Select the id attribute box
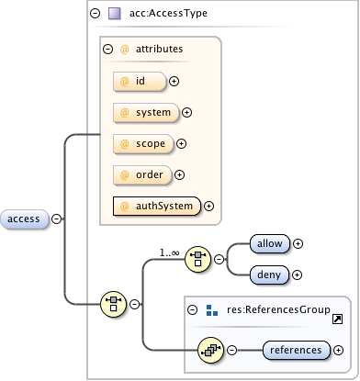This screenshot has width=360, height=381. tap(138, 82)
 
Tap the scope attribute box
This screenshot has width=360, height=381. tap(141, 143)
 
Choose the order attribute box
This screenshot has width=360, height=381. tap(141, 174)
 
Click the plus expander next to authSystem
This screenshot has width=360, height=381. tap(208, 206)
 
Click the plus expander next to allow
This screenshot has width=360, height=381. tap(298, 243)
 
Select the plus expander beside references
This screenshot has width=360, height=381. tap(339, 350)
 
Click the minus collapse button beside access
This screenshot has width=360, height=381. tap(57, 219)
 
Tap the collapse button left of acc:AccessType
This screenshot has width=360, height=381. tap(96, 14)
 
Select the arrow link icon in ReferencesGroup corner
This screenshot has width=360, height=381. tap(337, 318)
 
